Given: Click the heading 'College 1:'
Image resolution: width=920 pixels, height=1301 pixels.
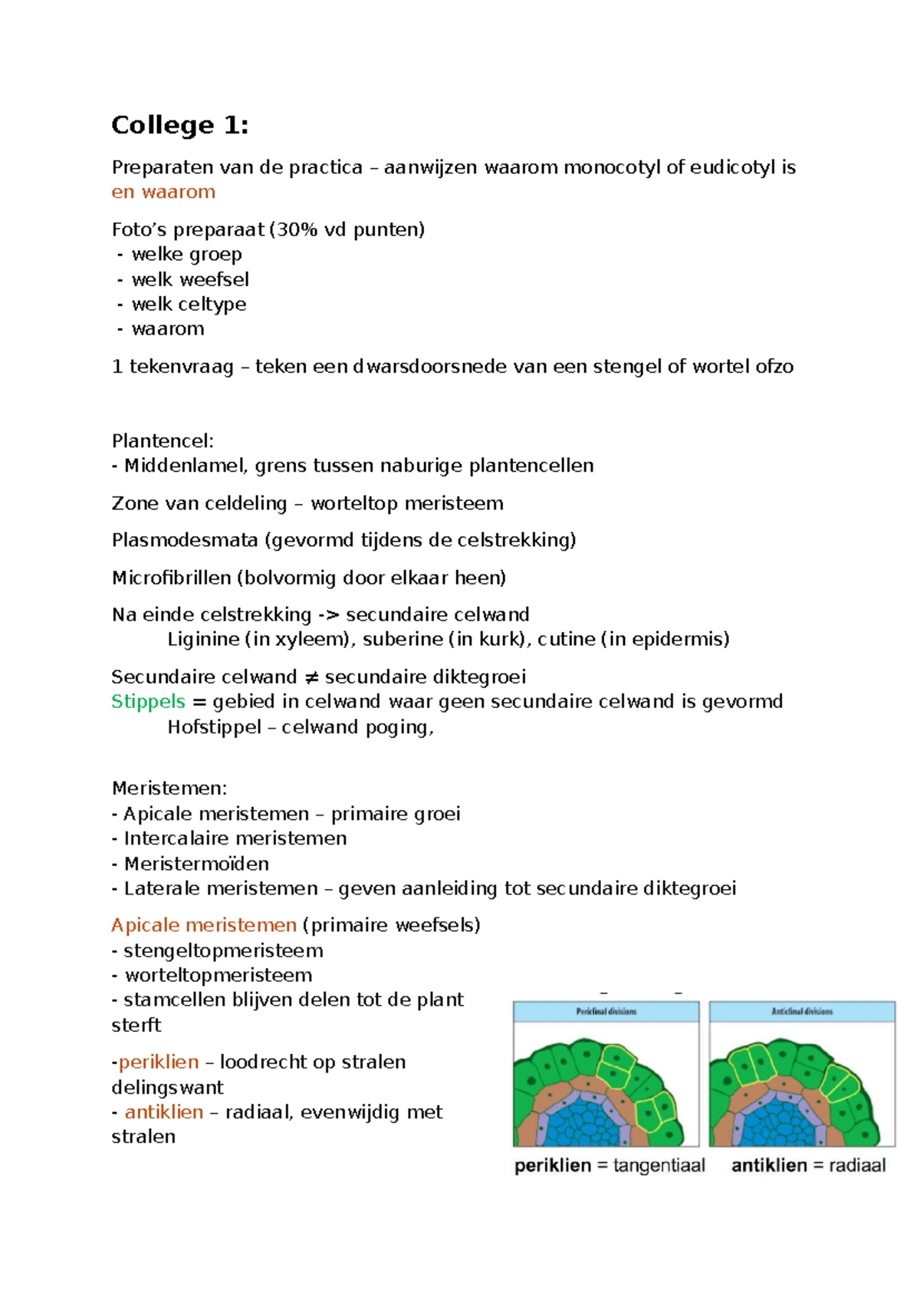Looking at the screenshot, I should click(x=179, y=125).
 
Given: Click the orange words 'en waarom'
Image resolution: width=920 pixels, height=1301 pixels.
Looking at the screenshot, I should click(x=163, y=193).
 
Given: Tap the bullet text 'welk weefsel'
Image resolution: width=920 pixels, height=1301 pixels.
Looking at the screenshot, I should click(x=190, y=279).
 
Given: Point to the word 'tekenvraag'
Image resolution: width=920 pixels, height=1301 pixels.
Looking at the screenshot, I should click(x=182, y=367).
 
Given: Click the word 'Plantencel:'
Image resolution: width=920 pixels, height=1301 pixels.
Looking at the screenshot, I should click(x=163, y=441).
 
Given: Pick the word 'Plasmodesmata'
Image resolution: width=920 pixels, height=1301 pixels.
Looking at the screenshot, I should click(x=185, y=540).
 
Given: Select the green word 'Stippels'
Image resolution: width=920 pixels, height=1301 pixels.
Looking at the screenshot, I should click(x=148, y=702).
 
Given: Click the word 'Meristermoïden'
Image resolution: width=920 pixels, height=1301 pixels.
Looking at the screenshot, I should click(x=196, y=864).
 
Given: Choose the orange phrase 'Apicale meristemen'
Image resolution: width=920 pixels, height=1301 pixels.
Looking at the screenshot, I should click(x=204, y=925).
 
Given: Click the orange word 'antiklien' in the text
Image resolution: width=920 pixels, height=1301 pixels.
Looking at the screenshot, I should click(x=164, y=1112).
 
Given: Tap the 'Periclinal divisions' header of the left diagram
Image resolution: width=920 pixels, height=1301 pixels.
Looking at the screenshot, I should click(x=606, y=1012).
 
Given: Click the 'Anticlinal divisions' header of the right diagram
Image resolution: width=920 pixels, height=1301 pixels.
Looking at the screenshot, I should click(x=802, y=1012).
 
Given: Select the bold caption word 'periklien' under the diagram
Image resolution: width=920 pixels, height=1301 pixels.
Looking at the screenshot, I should click(x=553, y=1166).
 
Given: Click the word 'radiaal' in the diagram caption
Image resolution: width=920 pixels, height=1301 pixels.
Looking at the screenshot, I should click(x=857, y=1166).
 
